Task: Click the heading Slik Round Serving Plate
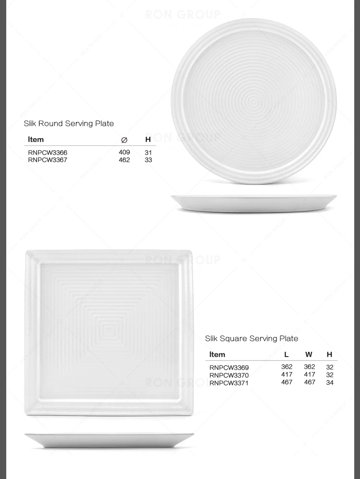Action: pyautogui.click(x=69, y=123)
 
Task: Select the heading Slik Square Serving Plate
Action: pyautogui.click(x=252, y=338)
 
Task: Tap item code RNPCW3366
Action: pyautogui.click(x=48, y=153)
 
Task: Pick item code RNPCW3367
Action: pyautogui.click(x=48, y=160)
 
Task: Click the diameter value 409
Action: pyautogui.click(x=124, y=152)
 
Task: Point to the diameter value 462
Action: pyautogui.click(x=124, y=160)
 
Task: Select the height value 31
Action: pyautogui.click(x=148, y=153)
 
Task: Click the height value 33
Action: pyautogui.click(x=148, y=160)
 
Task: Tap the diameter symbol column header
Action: pyautogui.click(x=124, y=140)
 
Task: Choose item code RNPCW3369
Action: pyautogui.click(x=229, y=368)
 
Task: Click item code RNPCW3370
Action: pyautogui.click(x=229, y=375)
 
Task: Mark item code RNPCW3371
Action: pyautogui.click(x=229, y=383)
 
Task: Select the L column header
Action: pyautogui.click(x=287, y=355)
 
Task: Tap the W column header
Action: pyautogui.click(x=309, y=355)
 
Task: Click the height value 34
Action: pyautogui.click(x=329, y=383)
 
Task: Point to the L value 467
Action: pyautogui.click(x=287, y=382)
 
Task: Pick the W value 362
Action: pyautogui.click(x=310, y=367)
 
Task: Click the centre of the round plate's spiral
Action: pyautogui.click(x=254, y=101)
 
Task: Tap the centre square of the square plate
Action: pyautogui.click(x=108, y=331)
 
